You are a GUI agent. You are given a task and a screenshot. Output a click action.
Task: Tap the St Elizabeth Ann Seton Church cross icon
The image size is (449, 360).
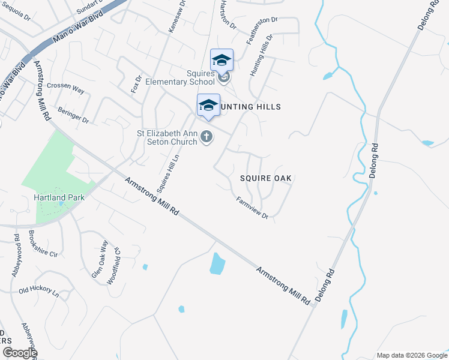[x=206, y=137]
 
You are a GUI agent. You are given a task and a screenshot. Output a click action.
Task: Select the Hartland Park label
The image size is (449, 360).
[x=59, y=197]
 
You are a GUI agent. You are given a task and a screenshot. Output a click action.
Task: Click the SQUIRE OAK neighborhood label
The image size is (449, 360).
[x=265, y=178]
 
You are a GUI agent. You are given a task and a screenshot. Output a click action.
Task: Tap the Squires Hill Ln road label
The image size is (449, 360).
[x=168, y=174]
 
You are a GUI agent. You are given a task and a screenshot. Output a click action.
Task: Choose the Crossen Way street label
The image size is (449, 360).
[x=65, y=87]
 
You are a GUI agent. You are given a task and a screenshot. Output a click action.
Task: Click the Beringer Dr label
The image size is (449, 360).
[x=73, y=115]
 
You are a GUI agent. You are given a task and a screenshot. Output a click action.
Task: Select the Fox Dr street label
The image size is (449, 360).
[x=136, y=84]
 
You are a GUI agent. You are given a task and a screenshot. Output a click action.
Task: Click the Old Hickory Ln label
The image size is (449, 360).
[x=38, y=292]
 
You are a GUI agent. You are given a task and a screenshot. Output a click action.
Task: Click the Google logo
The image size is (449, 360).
[x=20, y=352]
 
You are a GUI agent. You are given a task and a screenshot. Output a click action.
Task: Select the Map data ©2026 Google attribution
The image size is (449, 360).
[x=411, y=355]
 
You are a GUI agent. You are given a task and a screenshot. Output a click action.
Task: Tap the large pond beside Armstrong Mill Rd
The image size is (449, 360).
[x=217, y=263]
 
